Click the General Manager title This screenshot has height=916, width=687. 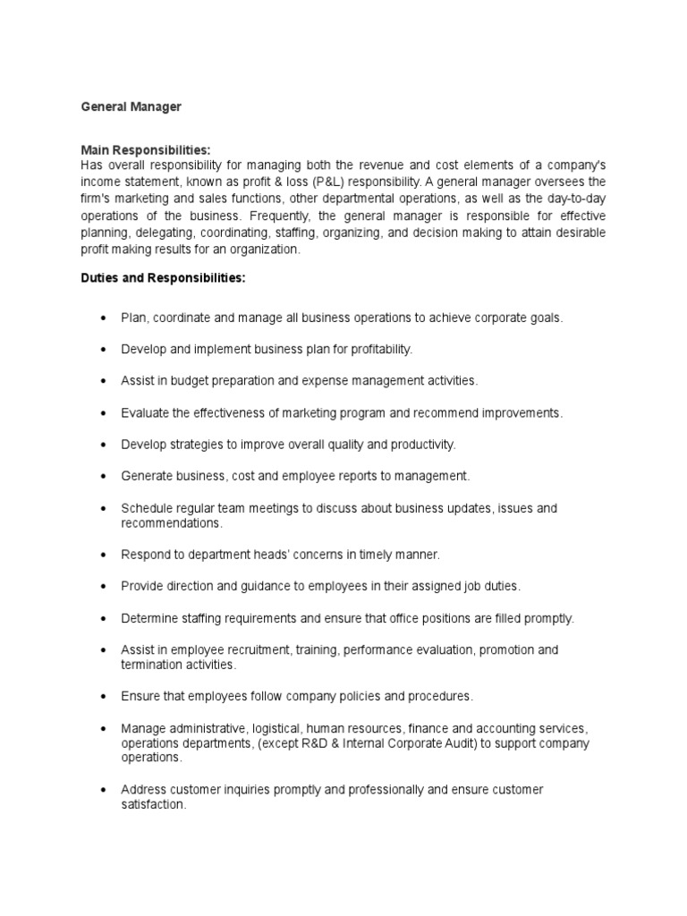click(x=131, y=106)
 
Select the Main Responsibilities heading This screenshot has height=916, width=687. click(x=145, y=150)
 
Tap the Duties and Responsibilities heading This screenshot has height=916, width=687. click(x=163, y=279)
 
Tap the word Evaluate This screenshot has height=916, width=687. click(x=146, y=412)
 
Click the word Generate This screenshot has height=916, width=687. click(x=148, y=476)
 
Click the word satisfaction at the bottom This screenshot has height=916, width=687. click(x=153, y=804)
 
